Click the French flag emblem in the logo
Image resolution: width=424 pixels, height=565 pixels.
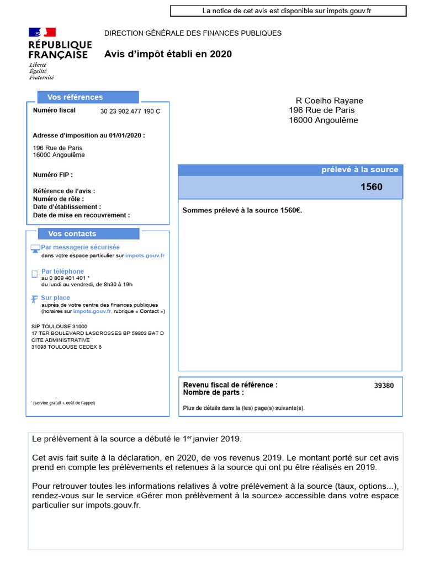point(42,33)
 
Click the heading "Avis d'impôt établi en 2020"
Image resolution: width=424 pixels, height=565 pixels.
point(168,54)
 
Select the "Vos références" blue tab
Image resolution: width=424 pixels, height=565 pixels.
point(75,97)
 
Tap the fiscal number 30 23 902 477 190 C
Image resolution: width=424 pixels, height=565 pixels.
point(130,111)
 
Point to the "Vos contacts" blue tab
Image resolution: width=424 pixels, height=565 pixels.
point(72,234)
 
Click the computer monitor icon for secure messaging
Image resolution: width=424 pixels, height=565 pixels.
point(35,249)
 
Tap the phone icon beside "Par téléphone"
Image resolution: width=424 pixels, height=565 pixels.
point(35,274)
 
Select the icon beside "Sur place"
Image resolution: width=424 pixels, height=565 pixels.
point(35,299)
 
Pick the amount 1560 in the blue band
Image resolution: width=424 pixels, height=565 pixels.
point(371,187)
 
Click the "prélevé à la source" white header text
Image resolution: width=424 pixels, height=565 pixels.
point(359,170)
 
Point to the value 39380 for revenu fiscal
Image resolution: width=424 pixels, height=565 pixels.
point(384,386)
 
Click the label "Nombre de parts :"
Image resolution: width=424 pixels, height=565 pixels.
point(213,393)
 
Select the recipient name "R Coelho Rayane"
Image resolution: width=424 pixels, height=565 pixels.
point(330,101)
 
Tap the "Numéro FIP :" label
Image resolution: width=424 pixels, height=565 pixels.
point(52,174)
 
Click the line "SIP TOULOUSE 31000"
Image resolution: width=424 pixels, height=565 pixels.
point(60,327)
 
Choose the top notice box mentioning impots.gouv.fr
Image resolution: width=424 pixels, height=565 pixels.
point(288,10)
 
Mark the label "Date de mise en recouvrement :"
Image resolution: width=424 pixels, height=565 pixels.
point(81,215)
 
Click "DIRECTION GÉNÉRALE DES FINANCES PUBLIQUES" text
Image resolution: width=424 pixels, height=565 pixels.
point(193,33)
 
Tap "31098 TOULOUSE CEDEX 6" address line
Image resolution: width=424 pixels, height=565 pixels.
point(66,347)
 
